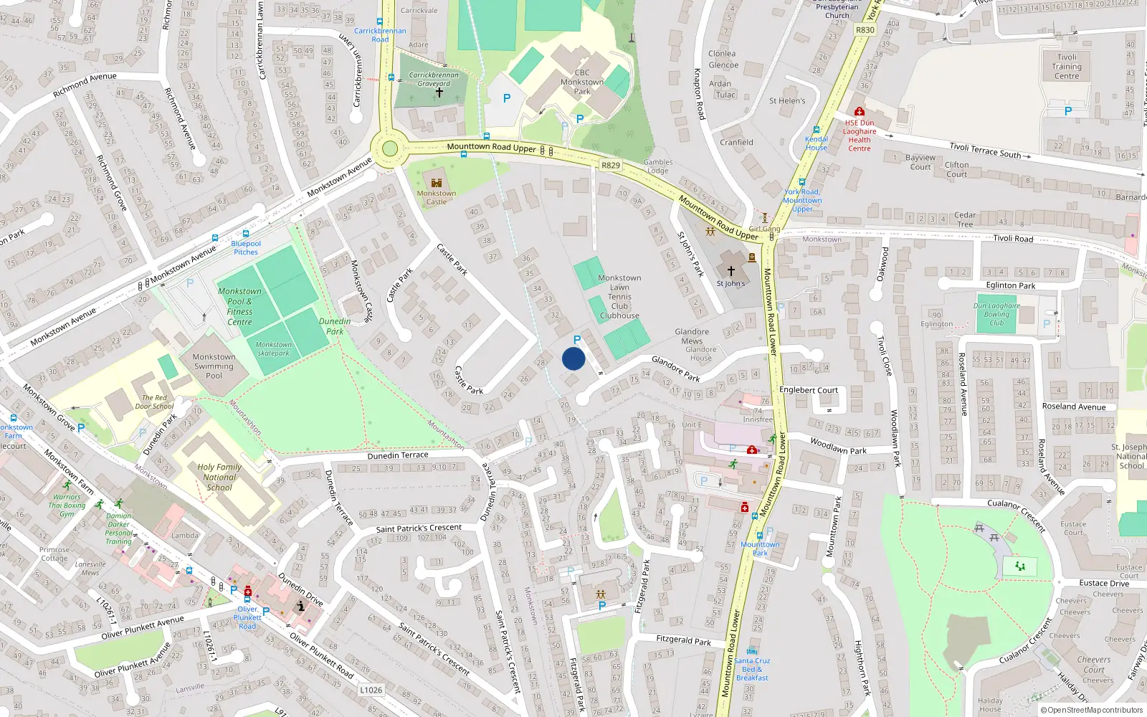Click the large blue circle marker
point(573,358)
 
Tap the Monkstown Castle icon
point(436,182)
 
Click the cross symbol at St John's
point(730,271)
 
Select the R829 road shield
point(610,166)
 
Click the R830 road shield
point(865,30)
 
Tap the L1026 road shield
point(371,690)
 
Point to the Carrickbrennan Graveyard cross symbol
point(439,92)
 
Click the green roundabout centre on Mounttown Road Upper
point(389,148)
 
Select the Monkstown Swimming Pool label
point(214,366)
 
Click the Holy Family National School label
point(219,477)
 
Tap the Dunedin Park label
point(335,326)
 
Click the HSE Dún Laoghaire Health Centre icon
point(859,112)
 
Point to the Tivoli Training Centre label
point(1067,67)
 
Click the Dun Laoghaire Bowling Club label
point(996,314)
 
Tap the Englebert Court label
point(809,390)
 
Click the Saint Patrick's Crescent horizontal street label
point(419,528)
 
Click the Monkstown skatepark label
point(273,348)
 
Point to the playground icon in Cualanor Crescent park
point(1020,566)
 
